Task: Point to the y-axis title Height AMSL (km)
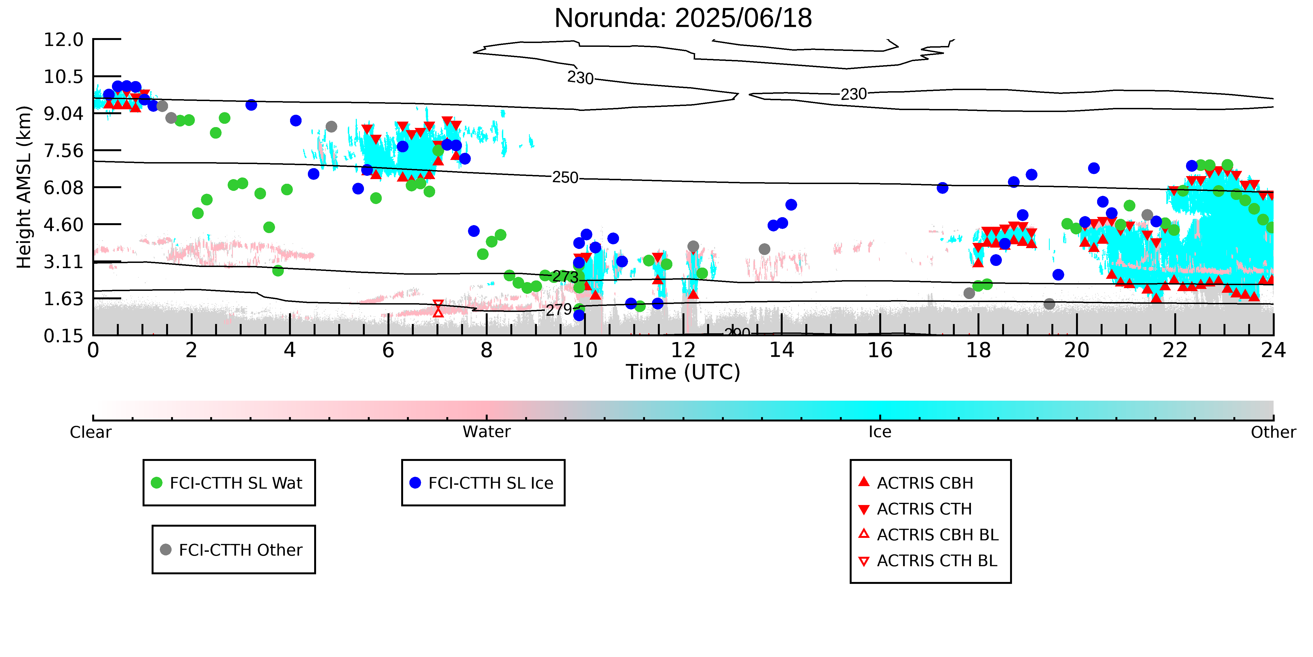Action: click(24, 187)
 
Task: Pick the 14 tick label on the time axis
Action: click(781, 351)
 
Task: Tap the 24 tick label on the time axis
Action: click(1273, 351)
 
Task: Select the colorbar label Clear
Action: click(91, 432)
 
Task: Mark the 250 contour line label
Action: click(565, 177)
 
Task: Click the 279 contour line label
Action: click(559, 310)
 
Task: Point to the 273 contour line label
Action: click(565, 277)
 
